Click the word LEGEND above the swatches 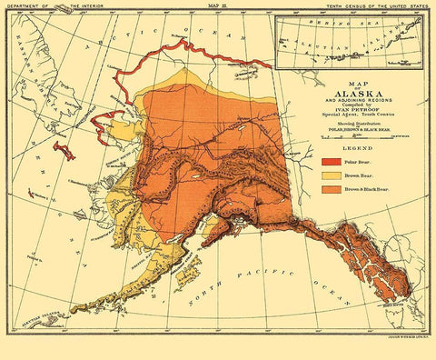pyautogui.click(x=353, y=147)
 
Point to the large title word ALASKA pyautogui.click(x=352, y=94)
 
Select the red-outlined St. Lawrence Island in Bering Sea pyautogui.click(x=63, y=149)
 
